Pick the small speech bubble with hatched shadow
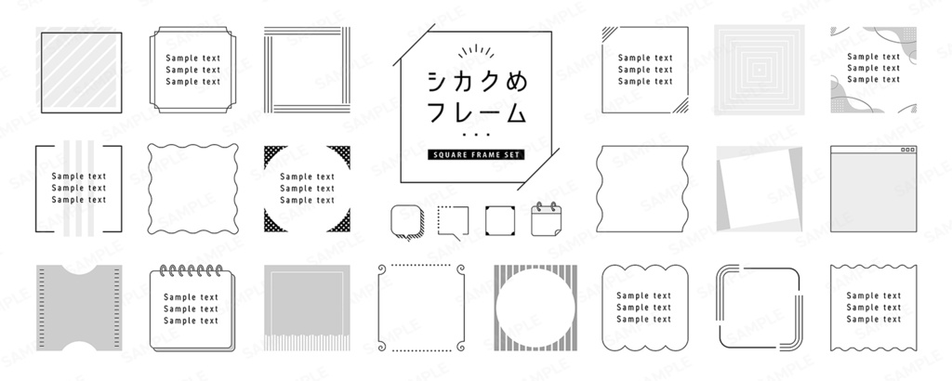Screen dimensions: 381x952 (x=406, y=220)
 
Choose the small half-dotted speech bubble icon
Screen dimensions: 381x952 (x=453, y=220)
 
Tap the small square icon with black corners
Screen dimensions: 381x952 (x=499, y=220)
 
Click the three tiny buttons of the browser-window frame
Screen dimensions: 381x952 (x=907, y=151)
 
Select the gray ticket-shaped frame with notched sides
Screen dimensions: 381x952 (x=81, y=307)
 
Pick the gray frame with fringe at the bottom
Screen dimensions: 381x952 (x=307, y=307)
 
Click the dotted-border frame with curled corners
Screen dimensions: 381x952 (x=420, y=308)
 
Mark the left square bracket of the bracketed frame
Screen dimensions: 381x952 (x=38, y=188)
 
